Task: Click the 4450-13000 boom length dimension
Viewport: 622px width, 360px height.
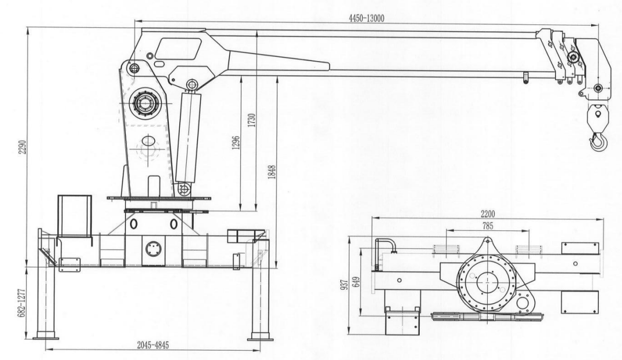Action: tap(366, 18)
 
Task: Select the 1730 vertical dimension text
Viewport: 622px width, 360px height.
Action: tap(252, 120)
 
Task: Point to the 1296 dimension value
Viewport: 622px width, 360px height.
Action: tap(236, 143)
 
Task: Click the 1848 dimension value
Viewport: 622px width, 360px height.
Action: tap(272, 172)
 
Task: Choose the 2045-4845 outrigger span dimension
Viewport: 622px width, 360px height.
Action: tap(153, 345)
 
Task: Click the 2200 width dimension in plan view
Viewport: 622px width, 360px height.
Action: tap(488, 214)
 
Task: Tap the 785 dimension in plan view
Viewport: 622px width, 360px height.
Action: tap(488, 226)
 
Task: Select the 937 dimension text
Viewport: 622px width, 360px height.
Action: tap(345, 284)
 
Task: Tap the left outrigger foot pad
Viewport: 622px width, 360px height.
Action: tap(45, 338)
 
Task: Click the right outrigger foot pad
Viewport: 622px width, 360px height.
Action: tap(260, 338)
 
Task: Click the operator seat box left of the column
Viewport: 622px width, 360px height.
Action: tap(75, 216)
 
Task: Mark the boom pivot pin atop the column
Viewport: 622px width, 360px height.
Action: tap(134, 67)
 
